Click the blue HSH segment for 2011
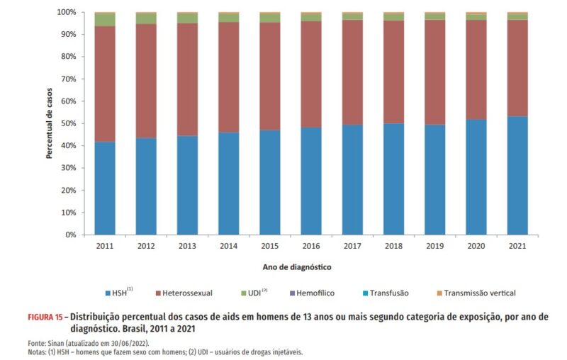click(x=105, y=188)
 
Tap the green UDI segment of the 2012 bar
click(x=146, y=18)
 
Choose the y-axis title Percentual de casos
click(x=50, y=123)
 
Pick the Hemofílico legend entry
click(x=309, y=292)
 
